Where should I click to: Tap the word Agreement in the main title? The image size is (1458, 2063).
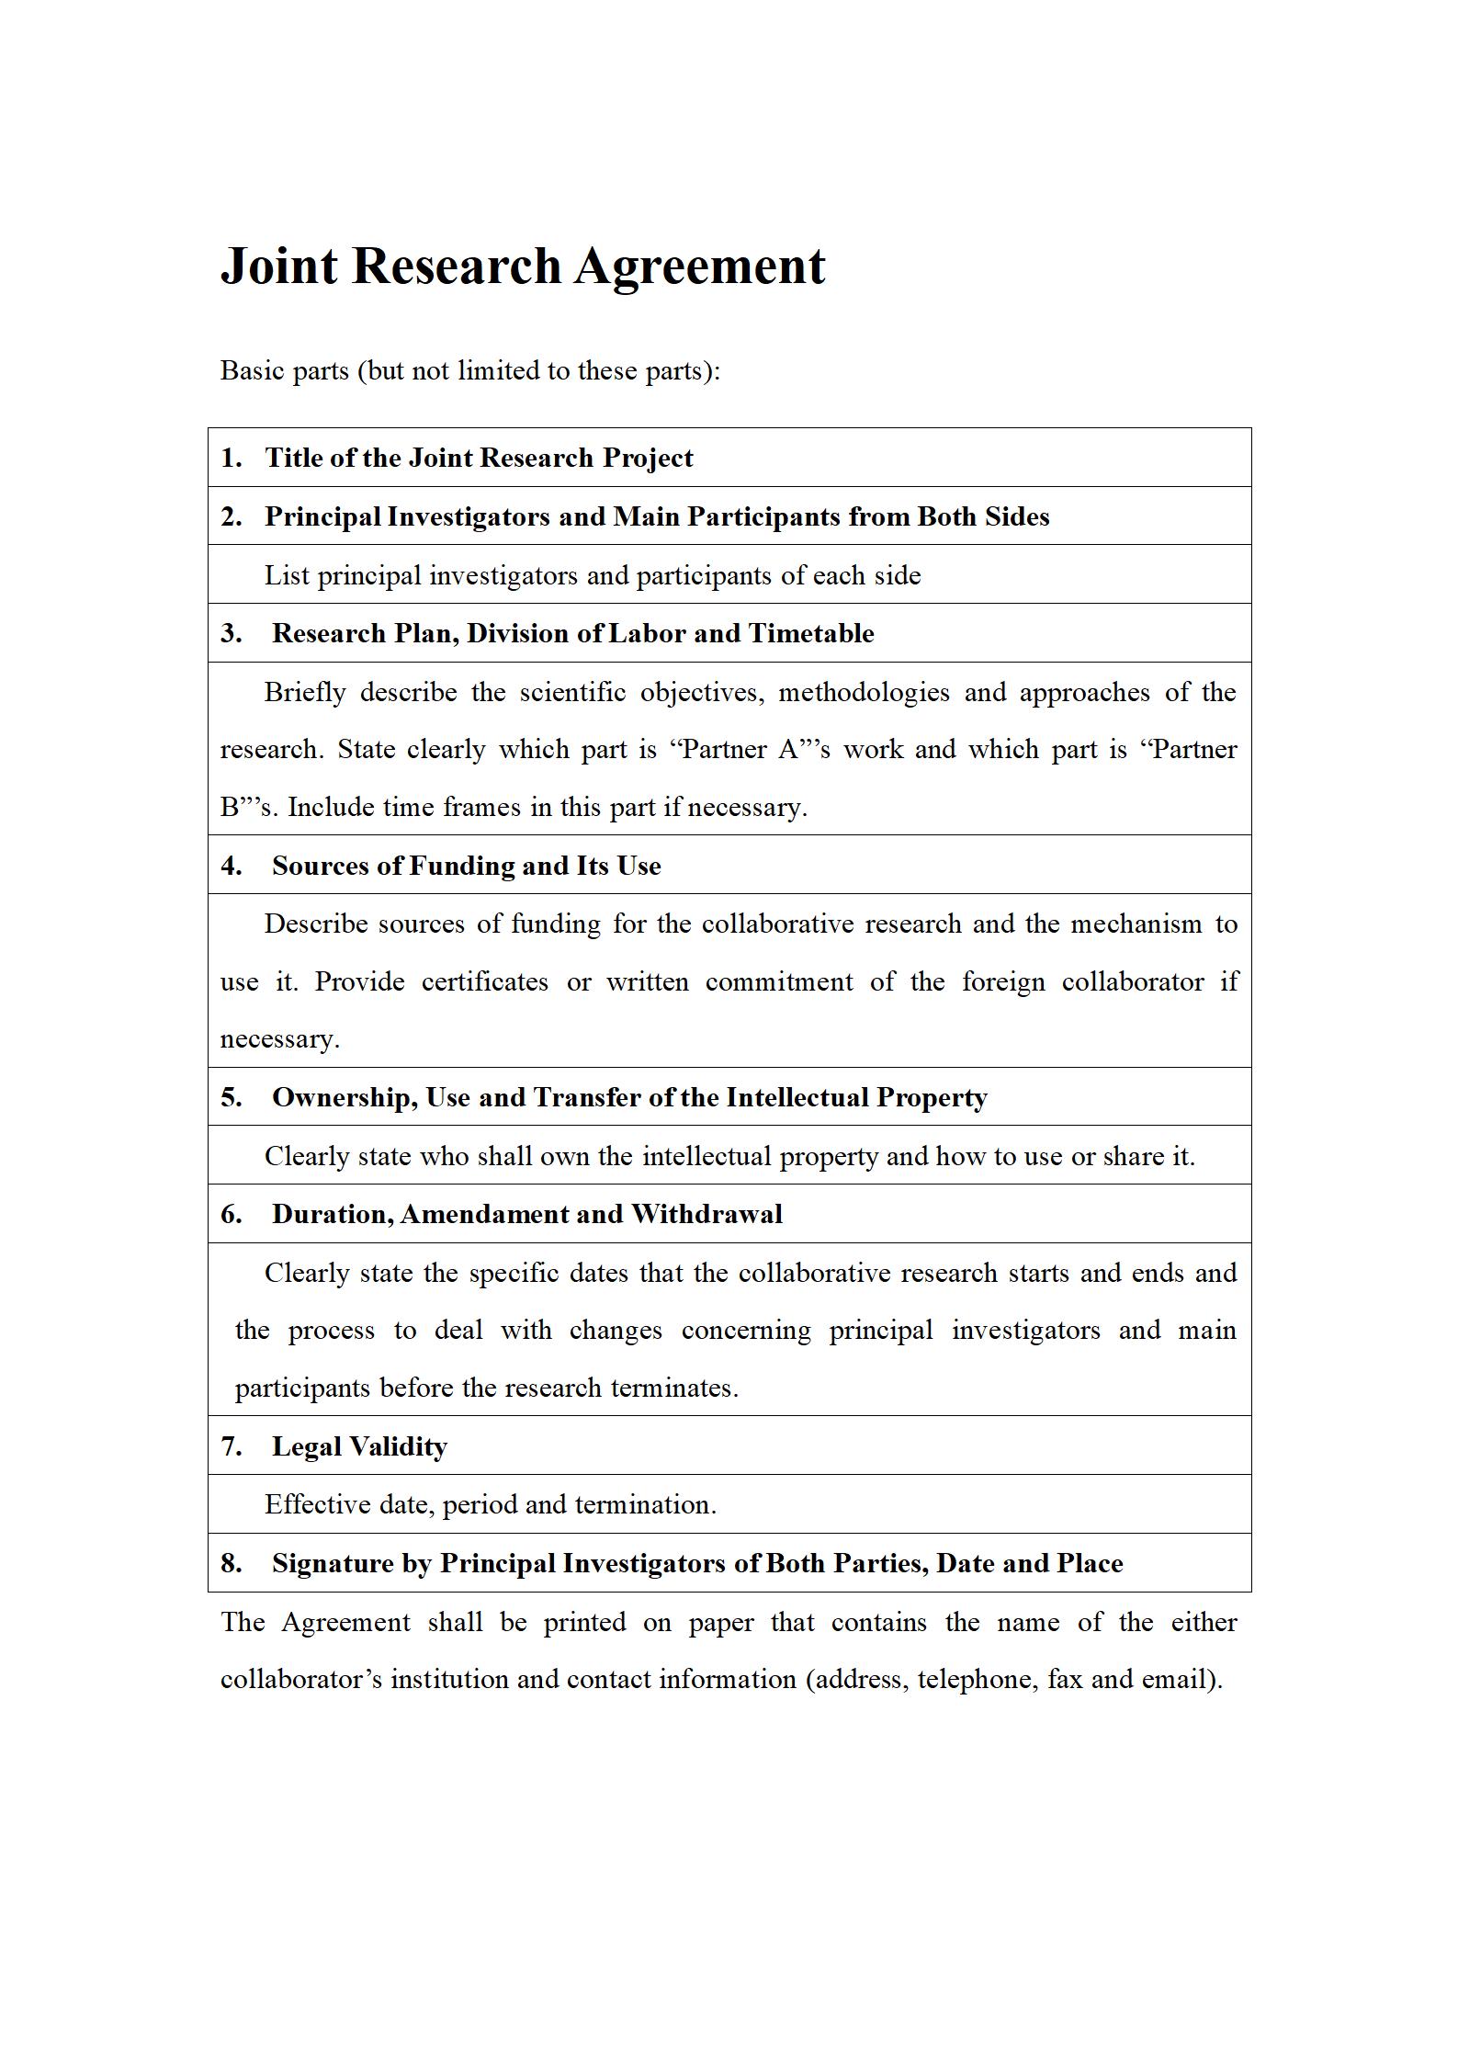click(x=700, y=266)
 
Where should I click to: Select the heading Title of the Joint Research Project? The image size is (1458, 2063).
click(x=479, y=458)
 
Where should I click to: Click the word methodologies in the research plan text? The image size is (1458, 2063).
click(x=864, y=692)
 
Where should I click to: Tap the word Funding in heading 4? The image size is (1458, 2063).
click(x=462, y=866)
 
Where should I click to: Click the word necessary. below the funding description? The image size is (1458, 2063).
click(x=279, y=1039)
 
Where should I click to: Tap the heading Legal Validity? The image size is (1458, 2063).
click(x=359, y=1446)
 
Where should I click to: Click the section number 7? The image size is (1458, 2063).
click(x=231, y=1446)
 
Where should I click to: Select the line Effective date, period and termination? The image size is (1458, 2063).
click(x=490, y=1504)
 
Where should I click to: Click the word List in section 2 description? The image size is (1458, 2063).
click(x=287, y=575)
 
